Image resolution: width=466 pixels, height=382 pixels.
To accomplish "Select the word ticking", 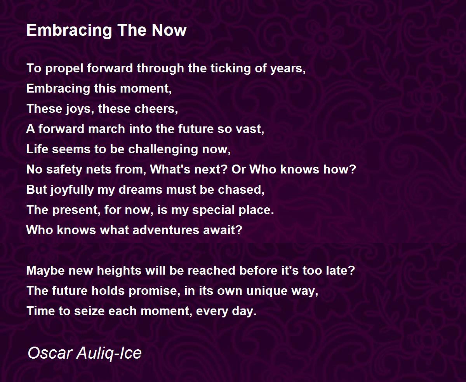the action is [x=230, y=68].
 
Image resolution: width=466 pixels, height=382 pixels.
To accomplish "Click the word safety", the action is [x=64, y=170].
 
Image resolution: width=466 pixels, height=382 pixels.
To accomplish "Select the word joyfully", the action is [x=71, y=190].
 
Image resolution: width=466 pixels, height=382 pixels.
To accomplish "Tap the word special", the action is [x=213, y=210].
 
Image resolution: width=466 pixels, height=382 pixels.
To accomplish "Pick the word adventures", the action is [x=166, y=230].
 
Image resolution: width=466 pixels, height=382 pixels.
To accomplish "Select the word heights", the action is [x=119, y=271].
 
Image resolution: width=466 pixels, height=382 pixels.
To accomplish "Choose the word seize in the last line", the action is [x=89, y=311].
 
